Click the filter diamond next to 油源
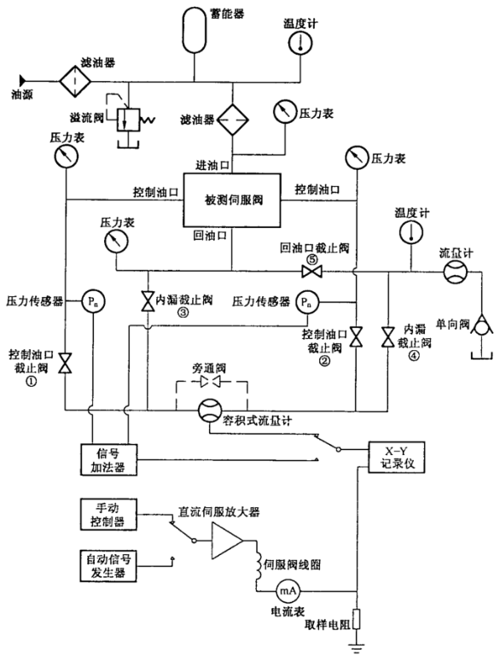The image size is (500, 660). [x=74, y=76]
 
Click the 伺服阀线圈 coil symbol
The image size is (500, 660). [x=255, y=564]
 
